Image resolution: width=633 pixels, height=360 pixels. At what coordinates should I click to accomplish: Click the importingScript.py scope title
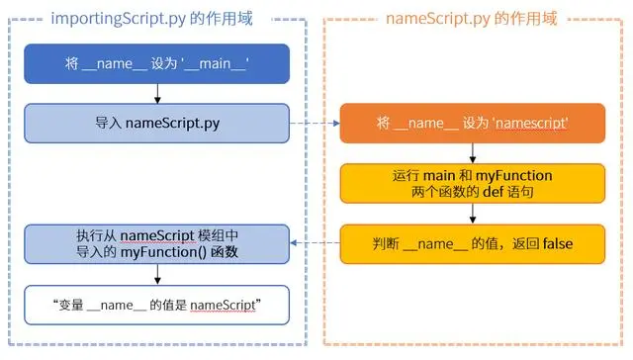pyautogui.click(x=158, y=18)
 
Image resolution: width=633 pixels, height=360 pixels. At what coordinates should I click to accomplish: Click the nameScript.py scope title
pyautogui.click(x=470, y=18)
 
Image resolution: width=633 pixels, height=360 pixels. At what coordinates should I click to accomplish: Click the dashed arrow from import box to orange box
pyautogui.click(x=315, y=124)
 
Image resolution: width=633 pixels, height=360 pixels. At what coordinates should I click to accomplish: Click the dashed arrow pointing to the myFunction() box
pyautogui.click(x=315, y=243)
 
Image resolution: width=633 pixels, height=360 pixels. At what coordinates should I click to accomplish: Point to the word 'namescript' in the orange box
pyautogui.click(x=529, y=124)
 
